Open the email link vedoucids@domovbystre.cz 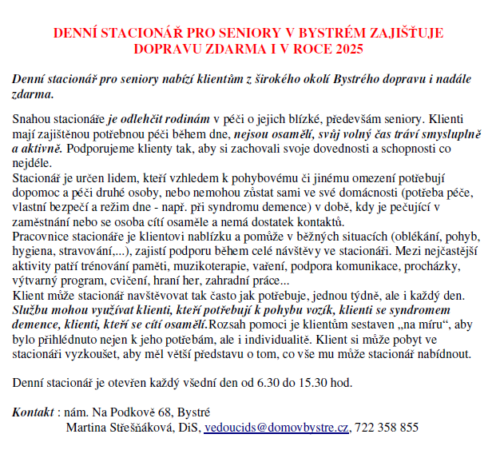pos(276,428)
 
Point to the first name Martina pos(85,428)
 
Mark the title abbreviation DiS pos(191,428)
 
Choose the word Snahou pos(32,119)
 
